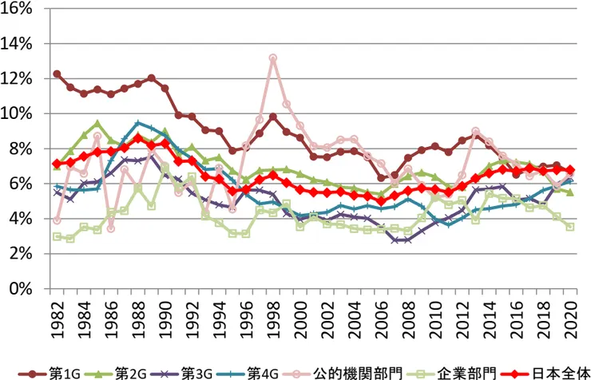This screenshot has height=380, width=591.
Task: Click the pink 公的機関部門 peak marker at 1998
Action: [272, 58]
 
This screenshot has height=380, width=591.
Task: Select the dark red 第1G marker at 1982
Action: [57, 73]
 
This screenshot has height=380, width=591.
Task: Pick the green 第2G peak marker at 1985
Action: [97, 124]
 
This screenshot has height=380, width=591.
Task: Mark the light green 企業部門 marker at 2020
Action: [569, 227]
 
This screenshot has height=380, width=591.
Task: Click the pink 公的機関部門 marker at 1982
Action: [57, 220]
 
